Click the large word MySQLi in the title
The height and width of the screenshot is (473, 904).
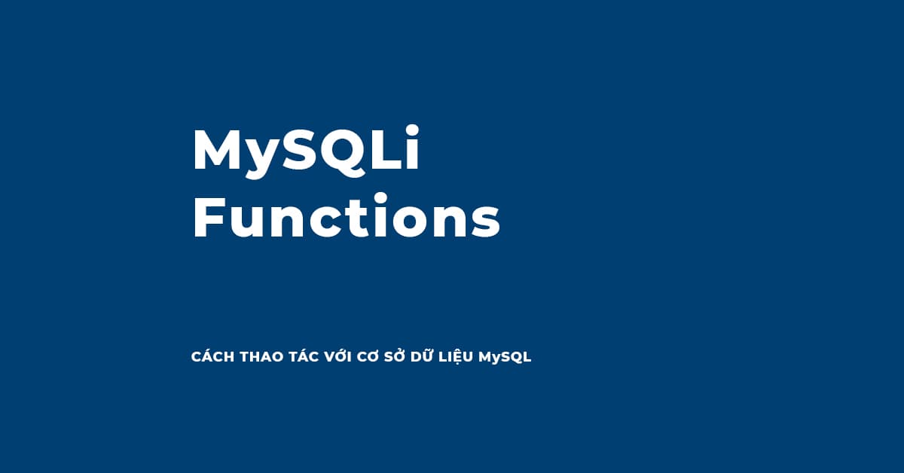click(x=305, y=151)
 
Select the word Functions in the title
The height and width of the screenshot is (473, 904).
click(x=347, y=218)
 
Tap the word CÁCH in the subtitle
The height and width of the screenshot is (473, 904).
click(x=212, y=357)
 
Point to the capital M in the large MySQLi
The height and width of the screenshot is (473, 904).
click(x=219, y=151)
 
